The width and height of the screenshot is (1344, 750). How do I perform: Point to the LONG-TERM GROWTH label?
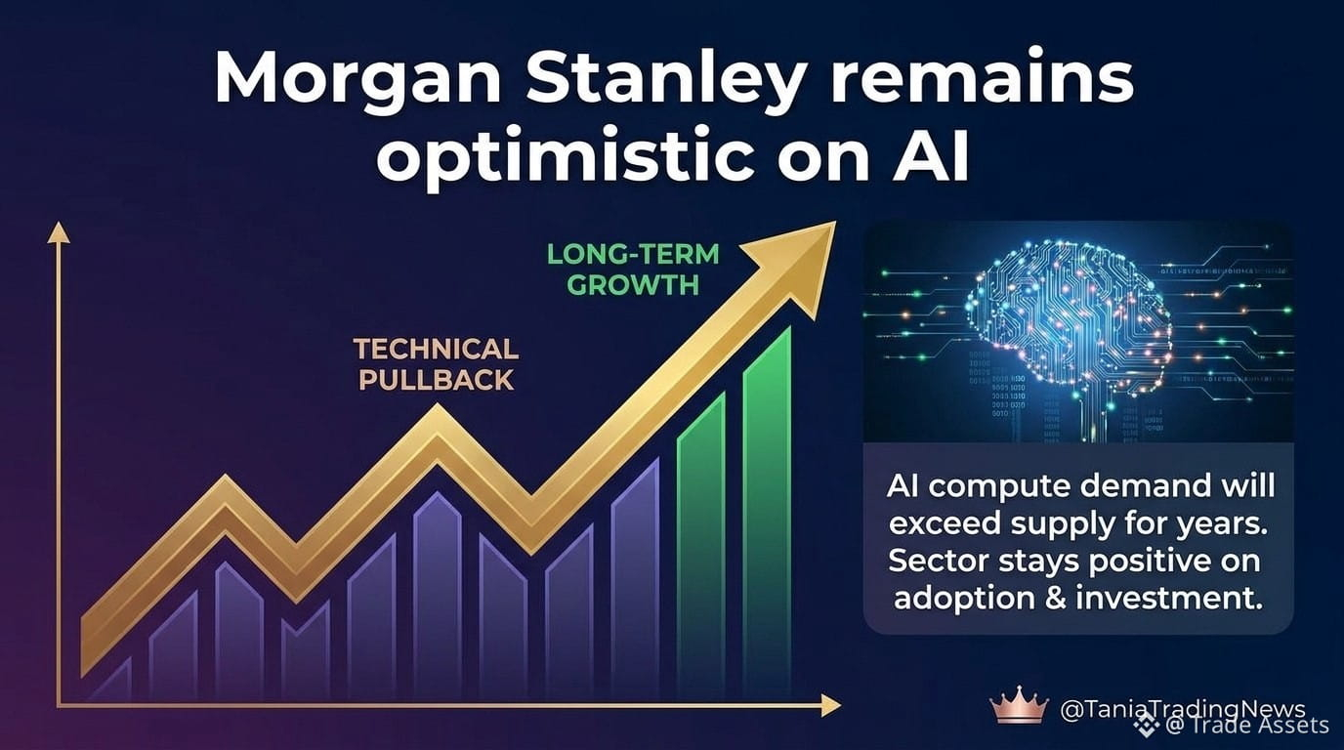point(633,270)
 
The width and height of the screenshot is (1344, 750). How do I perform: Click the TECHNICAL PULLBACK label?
point(437,364)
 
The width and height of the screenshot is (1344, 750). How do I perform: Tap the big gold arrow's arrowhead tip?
point(835,222)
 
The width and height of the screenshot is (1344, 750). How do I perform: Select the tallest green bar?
point(768,510)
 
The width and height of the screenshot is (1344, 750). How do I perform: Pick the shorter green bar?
point(701,543)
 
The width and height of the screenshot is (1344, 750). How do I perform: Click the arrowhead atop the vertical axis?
point(59,231)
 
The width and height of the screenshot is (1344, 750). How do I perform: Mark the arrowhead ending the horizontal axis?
point(830,705)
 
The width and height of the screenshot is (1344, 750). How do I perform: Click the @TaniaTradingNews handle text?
point(1183,710)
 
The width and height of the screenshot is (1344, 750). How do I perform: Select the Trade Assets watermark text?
point(1247,726)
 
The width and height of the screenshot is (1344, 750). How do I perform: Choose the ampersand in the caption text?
point(1056,599)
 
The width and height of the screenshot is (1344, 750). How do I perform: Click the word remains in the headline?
point(983,81)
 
